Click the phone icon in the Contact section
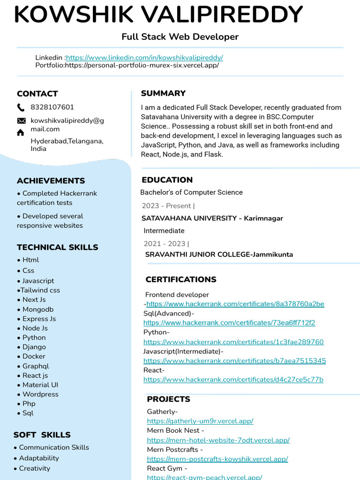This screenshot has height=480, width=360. click(x=21, y=107)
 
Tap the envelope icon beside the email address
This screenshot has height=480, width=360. click(x=21, y=121)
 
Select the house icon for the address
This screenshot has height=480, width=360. click(x=21, y=133)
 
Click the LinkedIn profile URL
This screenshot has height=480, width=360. click(x=144, y=58)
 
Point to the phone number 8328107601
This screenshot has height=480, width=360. click(x=52, y=107)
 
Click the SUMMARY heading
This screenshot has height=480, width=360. click(x=163, y=93)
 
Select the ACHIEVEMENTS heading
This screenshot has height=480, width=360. click(x=51, y=181)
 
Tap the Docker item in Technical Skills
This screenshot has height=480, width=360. click(x=34, y=356)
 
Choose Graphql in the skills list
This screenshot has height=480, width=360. click(x=35, y=366)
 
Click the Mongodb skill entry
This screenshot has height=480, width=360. click(x=38, y=309)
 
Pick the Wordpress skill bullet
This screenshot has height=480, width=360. click(x=40, y=394)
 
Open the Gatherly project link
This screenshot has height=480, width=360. click(x=200, y=421)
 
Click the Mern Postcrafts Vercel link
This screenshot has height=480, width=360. click(x=217, y=459)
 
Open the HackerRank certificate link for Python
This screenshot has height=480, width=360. click(x=233, y=342)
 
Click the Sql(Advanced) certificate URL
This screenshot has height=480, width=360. click(x=229, y=323)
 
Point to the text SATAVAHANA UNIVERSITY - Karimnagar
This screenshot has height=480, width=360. click(x=212, y=218)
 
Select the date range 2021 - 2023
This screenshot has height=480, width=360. click(x=165, y=244)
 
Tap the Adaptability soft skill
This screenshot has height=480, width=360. click(x=39, y=458)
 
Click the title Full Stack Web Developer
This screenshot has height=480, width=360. click(x=180, y=37)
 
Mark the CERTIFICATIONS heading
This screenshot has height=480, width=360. click(x=180, y=280)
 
